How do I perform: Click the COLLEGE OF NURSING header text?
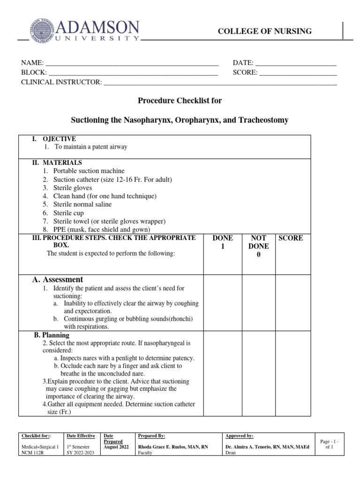(x=265, y=31)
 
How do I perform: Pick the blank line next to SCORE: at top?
(x=298, y=73)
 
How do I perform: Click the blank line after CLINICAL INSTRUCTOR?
(x=220, y=83)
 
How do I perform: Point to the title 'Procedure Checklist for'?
(x=180, y=101)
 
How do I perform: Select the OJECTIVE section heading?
(x=59, y=139)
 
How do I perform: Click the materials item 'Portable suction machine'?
(x=89, y=171)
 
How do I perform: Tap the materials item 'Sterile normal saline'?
(x=82, y=204)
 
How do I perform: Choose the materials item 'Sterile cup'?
(x=68, y=213)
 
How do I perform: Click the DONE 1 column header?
(x=223, y=242)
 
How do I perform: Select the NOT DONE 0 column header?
(x=258, y=246)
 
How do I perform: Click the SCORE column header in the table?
(x=291, y=238)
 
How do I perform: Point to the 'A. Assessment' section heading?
(x=58, y=279)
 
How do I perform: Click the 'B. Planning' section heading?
(x=52, y=335)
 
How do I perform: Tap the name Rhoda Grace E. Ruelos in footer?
(x=165, y=447)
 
